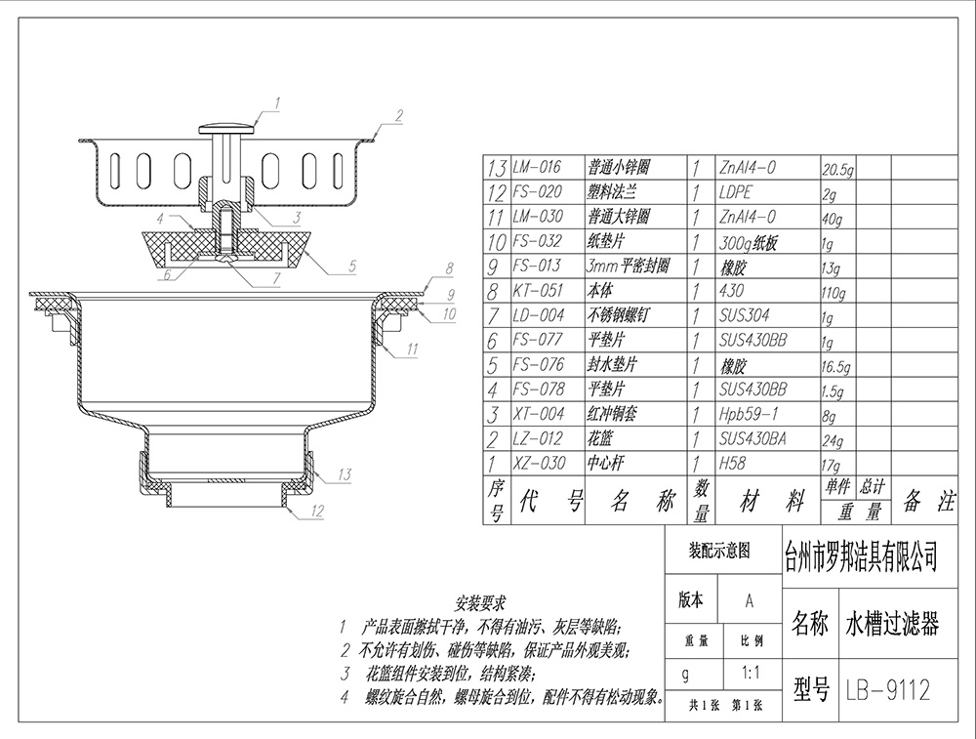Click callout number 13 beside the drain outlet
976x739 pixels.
pos(345,475)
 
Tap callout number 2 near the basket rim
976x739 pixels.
pos(398,115)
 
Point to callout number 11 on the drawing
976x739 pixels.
pos(413,349)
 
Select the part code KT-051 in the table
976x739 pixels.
pos(538,291)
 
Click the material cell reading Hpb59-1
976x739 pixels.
pos(748,415)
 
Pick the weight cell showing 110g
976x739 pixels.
pos(837,292)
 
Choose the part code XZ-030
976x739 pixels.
pos(538,464)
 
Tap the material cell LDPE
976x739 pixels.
pos(736,192)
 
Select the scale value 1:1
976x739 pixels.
pos(752,673)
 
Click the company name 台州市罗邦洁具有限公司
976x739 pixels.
pos(861,557)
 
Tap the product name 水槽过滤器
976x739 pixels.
pos(891,623)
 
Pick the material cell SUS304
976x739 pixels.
pos(745,315)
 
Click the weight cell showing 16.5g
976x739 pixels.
pos(839,367)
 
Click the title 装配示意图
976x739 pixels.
pos(719,551)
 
